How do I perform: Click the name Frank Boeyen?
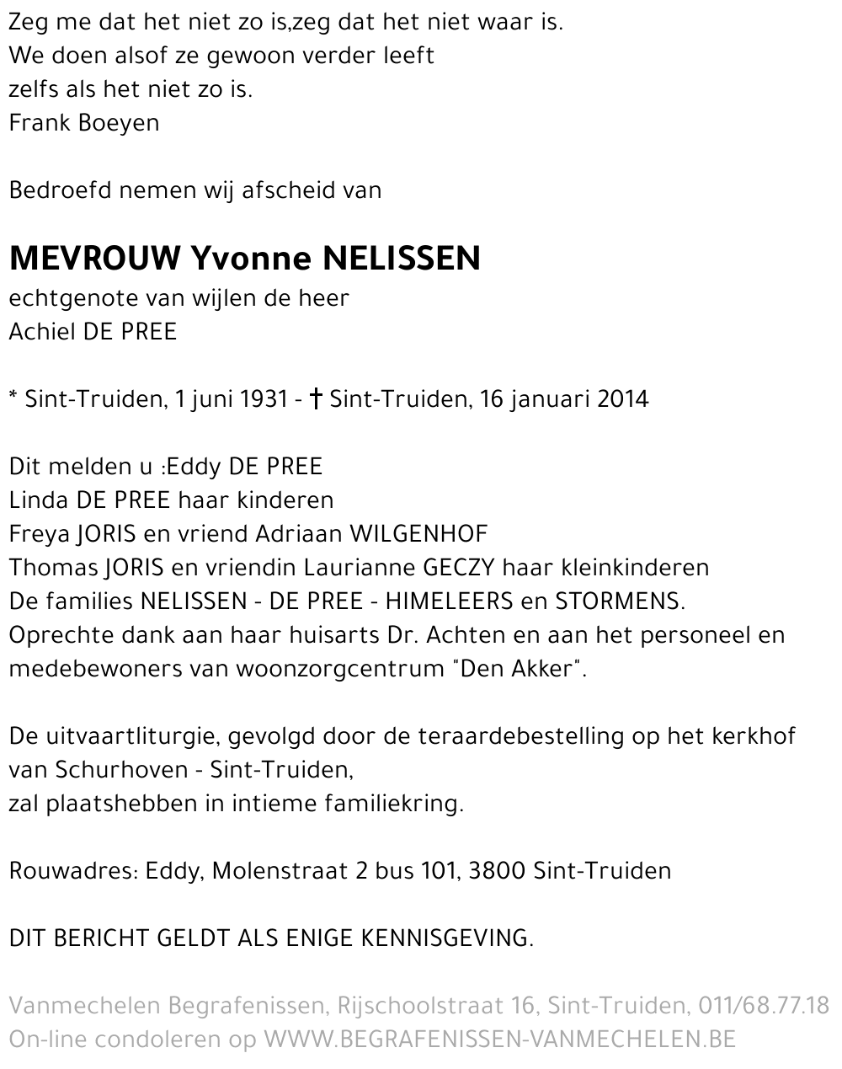tap(83, 123)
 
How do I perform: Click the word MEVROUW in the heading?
tap(94, 258)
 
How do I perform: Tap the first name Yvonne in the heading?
tap(253, 258)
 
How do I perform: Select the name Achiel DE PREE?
tap(93, 332)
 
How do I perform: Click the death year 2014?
tap(623, 398)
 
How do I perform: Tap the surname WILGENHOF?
tap(418, 534)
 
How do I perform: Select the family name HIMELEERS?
tap(449, 601)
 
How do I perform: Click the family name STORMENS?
tap(619, 601)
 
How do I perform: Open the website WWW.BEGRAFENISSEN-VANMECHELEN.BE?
tap(500, 1040)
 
